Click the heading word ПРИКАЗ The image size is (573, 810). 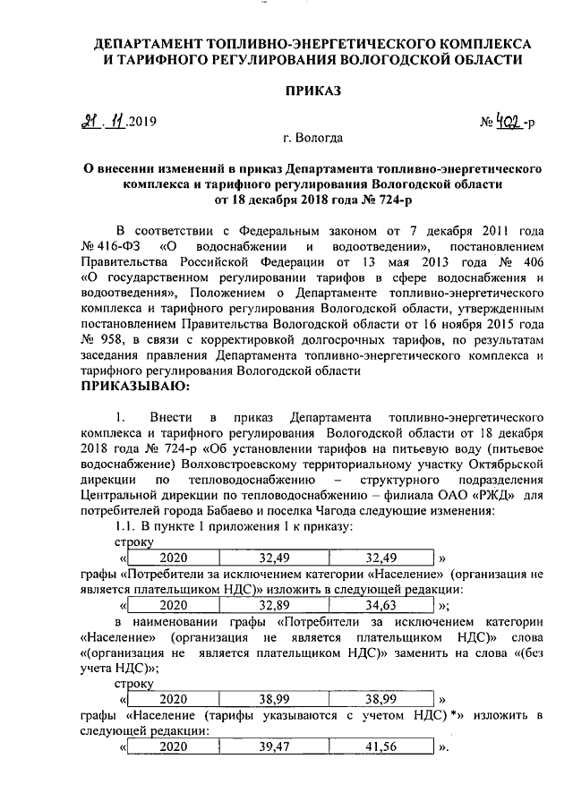[x=312, y=90]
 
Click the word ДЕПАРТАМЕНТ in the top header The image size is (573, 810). [x=149, y=43]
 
